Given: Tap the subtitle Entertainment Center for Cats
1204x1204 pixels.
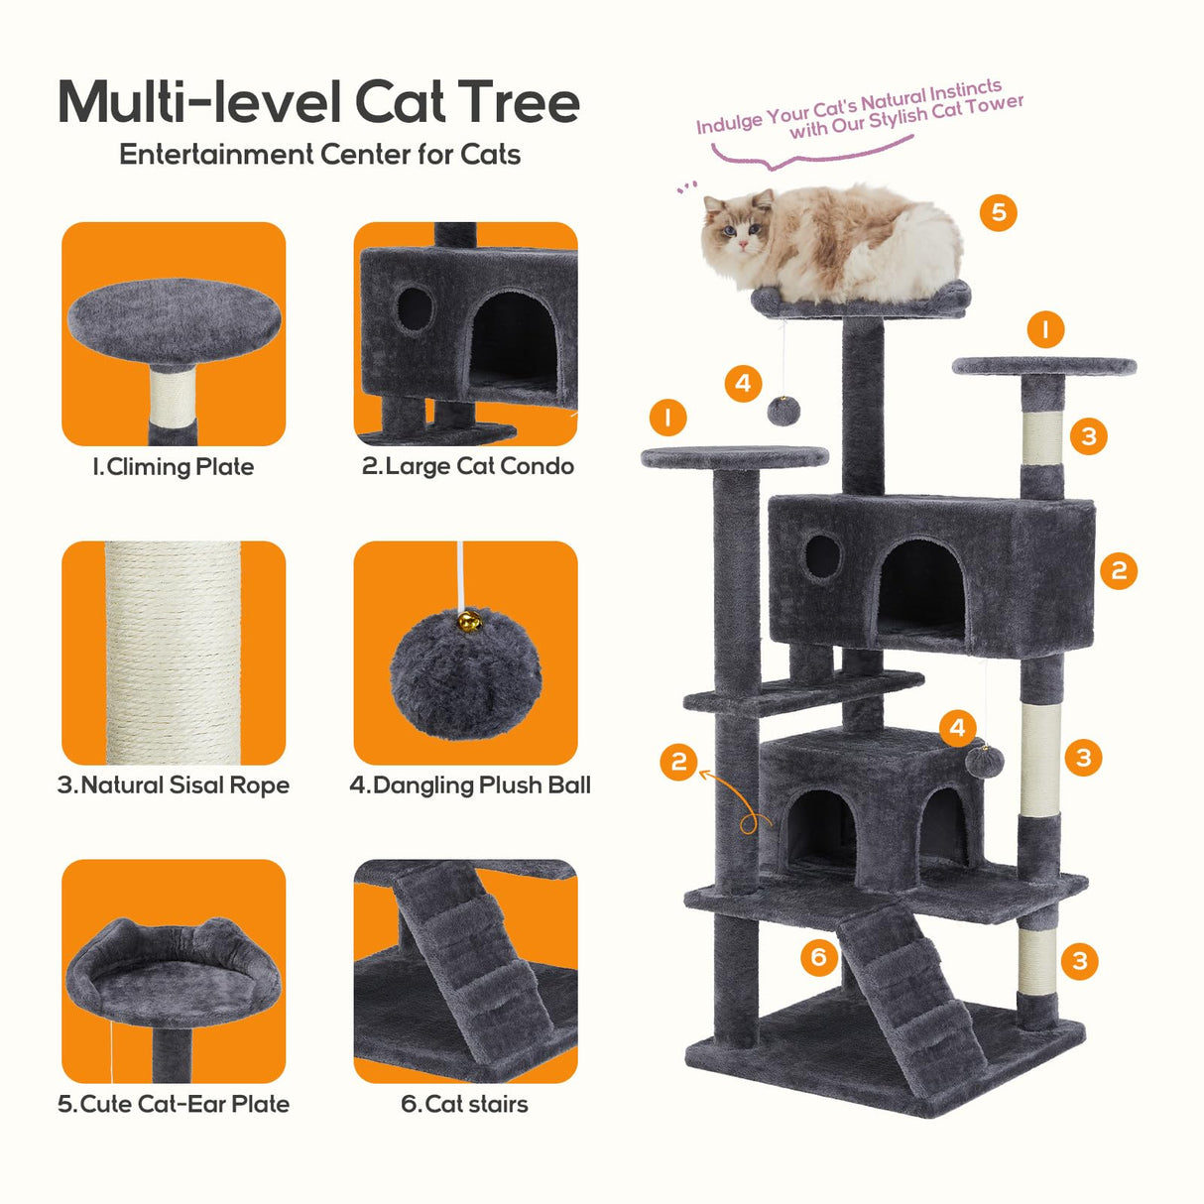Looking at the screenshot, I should pyautogui.click(x=319, y=155).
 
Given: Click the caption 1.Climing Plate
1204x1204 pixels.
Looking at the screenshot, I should pyautogui.click(x=174, y=466).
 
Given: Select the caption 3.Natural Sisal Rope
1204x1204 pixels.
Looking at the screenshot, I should pyautogui.click(x=174, y=785).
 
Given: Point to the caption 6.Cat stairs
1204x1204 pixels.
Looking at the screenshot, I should pyautogui.click(x=464, y=1104).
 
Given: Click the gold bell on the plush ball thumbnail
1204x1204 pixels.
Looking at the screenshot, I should pyautogui.click(x=468, y=623).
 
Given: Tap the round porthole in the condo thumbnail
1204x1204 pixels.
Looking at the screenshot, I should pyautogui.click(x=415, y=308).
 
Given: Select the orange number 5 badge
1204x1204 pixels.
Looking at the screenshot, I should pyautogui.click(x=999, y=212).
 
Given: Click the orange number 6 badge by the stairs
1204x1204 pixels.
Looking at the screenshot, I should pyautogui.click(x=819, y=957).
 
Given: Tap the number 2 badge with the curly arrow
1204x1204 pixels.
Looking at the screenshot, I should pyautogui.click(x=678, y=762).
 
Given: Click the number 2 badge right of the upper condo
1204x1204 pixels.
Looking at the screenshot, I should pyautogui.click(x=1119, y=570).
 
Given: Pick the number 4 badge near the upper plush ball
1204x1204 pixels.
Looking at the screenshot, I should pyautogui.click(x=743, y=384).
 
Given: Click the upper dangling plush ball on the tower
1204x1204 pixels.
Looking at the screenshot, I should pyautogui.click(x=783, y=412).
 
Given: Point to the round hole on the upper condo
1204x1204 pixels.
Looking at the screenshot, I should pyautogui.click(x=821, y=557).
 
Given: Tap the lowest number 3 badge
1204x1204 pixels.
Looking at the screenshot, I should pyautogui.click(x=1080, y=960).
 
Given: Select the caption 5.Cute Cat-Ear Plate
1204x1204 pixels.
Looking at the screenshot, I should pyautogui.click(x=174, y=1104).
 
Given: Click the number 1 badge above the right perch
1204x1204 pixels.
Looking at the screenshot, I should pyautogui.click(x=1045, y=329).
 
